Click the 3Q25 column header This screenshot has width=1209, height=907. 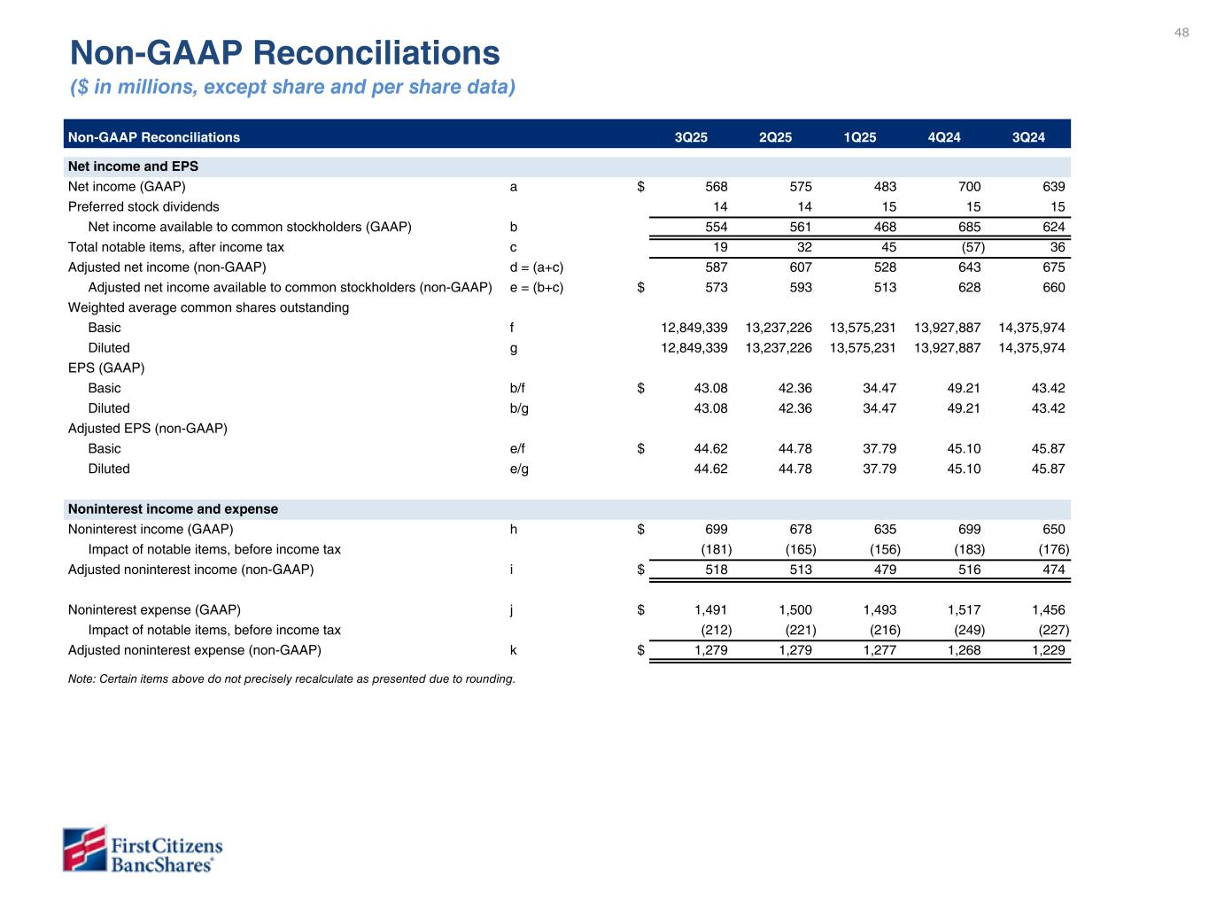point(691,137)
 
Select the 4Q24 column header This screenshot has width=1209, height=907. point(944,137)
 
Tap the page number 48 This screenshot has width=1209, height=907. point(1182,33)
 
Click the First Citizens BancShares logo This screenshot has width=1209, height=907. point(143,849)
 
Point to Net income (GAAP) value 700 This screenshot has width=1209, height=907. point(969,187)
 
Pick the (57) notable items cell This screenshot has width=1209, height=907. point(973,247)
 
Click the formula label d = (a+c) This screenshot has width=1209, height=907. point(537,267)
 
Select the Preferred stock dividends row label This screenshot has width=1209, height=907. point(143,206)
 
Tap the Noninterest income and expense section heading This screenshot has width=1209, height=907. point(173,509)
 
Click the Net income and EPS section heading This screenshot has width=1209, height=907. point(133,167)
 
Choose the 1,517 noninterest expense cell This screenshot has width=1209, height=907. point(964,610)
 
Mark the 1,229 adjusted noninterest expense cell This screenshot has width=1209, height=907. point(1048,650)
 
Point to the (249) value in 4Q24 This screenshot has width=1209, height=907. point(969,631)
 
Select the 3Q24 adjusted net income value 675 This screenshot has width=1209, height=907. point(1053,267)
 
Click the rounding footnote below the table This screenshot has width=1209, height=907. point(291,679)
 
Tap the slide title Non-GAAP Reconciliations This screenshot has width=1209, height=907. point(285,53)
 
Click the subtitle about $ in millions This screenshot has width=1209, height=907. point(292,87)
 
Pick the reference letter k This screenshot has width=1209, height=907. point(514,650)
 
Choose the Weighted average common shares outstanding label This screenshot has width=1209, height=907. point(208,307)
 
